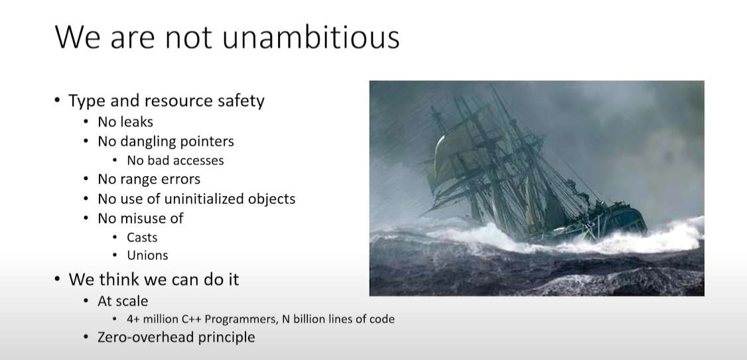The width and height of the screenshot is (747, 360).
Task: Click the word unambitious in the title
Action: (310, 37)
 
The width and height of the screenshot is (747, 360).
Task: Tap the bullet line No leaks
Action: (125, 122)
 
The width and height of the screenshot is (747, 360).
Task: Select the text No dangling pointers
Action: (166, 141)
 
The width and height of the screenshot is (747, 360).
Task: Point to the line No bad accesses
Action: (175, 160)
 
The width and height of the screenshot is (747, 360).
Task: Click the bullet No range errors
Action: (149, 179)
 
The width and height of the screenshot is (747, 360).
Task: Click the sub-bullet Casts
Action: (142, 237)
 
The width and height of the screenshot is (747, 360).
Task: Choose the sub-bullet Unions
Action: (147, 255)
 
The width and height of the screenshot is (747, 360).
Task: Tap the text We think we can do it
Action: (153, 279)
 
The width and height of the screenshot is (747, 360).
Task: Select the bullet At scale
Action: (123, 301)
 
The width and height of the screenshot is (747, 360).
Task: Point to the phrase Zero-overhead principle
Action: (176, 337)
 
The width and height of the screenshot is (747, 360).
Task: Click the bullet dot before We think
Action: (57, 278)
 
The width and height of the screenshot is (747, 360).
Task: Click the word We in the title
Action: (77, 37)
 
